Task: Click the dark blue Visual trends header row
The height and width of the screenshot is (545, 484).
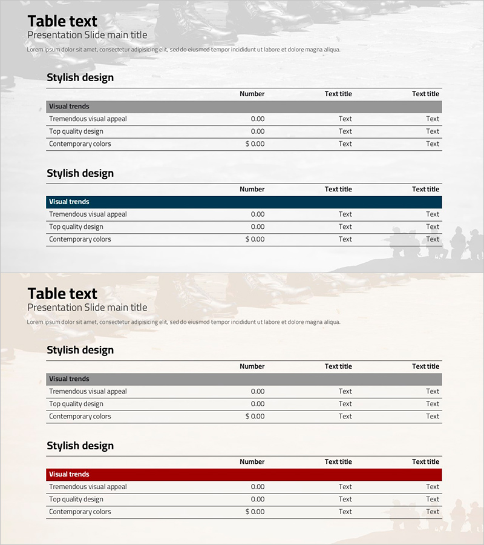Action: coord(244,202)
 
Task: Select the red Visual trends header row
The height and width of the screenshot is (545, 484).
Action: coord(244,474)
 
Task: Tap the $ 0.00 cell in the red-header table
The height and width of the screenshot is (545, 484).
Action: coord(255,512)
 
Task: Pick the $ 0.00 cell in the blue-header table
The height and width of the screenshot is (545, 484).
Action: coord(255,239)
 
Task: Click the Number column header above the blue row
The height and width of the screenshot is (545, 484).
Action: coord(252,189)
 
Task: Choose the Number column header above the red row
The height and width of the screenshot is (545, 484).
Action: coord(252,461)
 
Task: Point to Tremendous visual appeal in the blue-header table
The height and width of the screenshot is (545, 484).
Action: coord(88,214)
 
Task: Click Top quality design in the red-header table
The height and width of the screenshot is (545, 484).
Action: coord(76,499)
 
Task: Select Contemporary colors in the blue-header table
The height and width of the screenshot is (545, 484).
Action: coord(80,239)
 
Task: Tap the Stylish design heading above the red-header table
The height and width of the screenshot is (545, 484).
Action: coord(80,446)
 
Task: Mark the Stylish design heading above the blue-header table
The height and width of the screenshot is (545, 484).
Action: coord(80,173)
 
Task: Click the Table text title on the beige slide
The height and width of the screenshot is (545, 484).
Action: coord(62,294)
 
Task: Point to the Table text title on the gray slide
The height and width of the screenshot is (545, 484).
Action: coord(62,21)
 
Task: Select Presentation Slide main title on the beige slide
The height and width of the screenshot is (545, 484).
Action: coord(87,308)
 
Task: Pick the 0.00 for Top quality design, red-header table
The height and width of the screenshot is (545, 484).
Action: coord(258,499)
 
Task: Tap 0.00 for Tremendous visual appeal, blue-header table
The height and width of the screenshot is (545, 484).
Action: coord(258,214)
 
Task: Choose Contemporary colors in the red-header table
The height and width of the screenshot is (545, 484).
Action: coord(80,512)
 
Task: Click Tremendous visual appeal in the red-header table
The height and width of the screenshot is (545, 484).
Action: coord(88,486)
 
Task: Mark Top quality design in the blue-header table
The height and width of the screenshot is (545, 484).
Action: coord(76,226)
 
